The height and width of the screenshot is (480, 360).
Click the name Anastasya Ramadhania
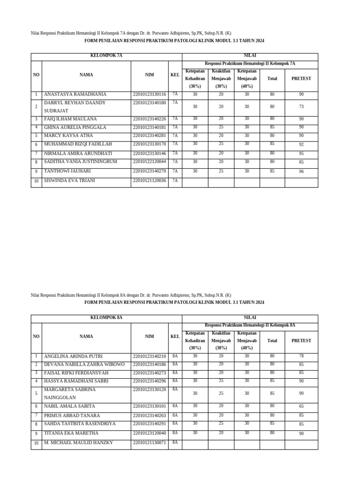pyautogui.click(x=75, y=95)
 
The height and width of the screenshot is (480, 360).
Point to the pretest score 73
pyautogui.click(x=301, y=107)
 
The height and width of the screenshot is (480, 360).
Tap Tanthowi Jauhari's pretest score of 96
pyautogui.click(x=301, y=172)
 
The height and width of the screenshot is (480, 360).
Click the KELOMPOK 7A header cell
pyautogui.click(x=106, y=56)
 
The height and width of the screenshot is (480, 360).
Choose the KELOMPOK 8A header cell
pyautogui.click(x=106, y=318)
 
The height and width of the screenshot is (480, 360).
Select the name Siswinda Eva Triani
pyautogui.click(x=69, y=181)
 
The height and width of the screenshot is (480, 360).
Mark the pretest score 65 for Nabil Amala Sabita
pyautogui.click(x=301, y=406)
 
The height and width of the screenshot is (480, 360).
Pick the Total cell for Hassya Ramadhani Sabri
pyautogui.click(x=272, y=381)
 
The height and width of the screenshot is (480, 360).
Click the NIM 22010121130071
pyautogui.click(x=149, y=443)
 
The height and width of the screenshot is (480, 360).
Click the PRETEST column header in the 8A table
pyautogui.click(x=301, y=341)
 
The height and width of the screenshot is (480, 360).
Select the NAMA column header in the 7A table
pyautogui.click(x=86, y=75)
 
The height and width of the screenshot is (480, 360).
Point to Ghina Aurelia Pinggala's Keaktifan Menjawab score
pyautogui.click(x=221, y=127)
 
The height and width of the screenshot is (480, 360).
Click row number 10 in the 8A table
pyautogui.click(x=36, y=443)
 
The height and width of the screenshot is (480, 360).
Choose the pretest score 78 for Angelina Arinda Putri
pyautogui.click(x=301, y=356)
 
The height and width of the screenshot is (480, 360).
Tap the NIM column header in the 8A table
pyautogui.click(x=149, y=337)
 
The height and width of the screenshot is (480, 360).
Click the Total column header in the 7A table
pyautogui.click(x=272, y=79)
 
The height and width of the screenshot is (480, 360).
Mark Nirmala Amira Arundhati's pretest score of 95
pyautogui.click(x=301, y=154)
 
